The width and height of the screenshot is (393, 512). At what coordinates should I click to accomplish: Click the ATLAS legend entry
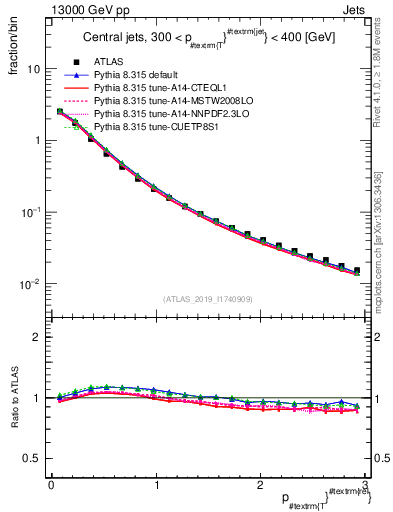(x=107, y=63)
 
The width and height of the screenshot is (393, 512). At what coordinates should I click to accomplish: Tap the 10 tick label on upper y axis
(x=32, y=70)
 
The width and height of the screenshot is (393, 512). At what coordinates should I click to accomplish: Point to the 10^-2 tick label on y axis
(x=30, y=284)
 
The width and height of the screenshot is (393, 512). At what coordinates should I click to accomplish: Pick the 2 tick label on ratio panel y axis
(x=36, y=337)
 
